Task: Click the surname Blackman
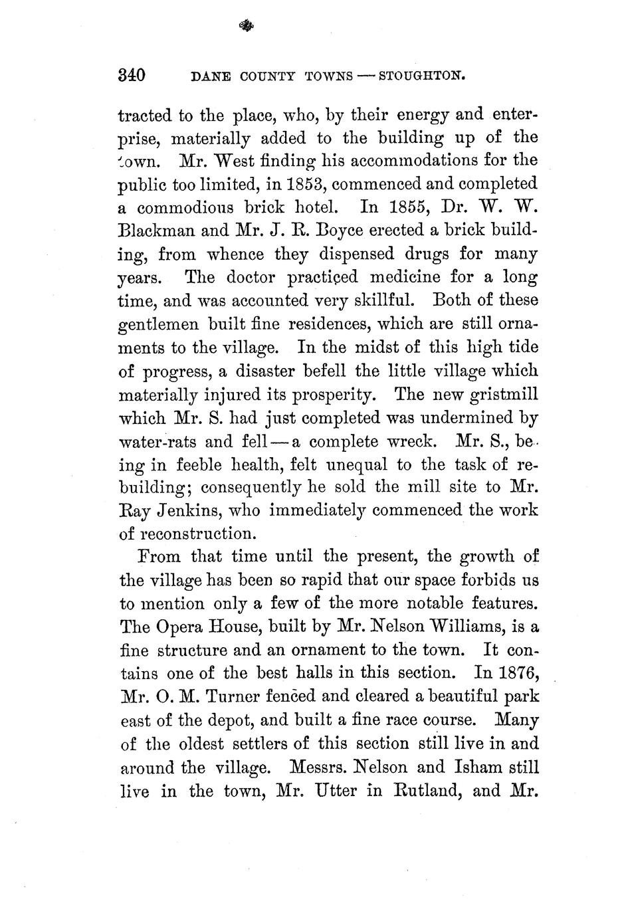tap(154, 231)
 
